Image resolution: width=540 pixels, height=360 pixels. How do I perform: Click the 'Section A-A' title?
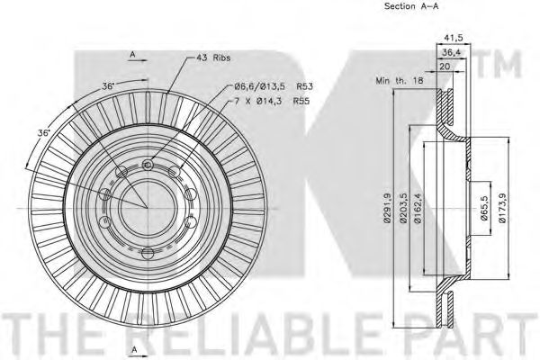point(411,6)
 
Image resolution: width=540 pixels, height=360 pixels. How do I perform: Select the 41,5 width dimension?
point(454,38)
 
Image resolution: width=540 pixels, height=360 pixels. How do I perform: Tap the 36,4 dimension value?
point(452,52)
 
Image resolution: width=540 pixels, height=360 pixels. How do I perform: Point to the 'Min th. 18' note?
point(400,81)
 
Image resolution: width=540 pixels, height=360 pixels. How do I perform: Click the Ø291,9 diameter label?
point(388,208)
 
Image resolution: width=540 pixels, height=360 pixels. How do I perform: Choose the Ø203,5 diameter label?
point(403,208)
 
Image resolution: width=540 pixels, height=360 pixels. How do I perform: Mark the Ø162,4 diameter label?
point(418,208)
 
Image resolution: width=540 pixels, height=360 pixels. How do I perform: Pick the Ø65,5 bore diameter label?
point(484,208)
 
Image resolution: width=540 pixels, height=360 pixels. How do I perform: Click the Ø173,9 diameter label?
point(502,208)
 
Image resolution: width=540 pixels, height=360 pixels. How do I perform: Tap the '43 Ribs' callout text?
point(213,58)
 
